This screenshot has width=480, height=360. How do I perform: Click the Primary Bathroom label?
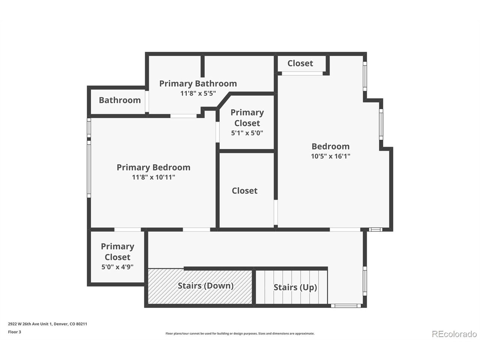click(198, 84)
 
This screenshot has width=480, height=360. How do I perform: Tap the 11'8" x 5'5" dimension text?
click(198, 93)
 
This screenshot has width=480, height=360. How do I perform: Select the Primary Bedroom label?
click(153, 167)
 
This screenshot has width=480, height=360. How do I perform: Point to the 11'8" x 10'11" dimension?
click(153, 177)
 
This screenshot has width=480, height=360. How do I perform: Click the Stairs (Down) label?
click(205, 286)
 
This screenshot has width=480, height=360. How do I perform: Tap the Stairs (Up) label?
click(295, 287)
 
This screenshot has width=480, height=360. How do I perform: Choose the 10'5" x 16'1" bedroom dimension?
click(331, 156)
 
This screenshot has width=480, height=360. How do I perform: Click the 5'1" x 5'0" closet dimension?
click(247, 133)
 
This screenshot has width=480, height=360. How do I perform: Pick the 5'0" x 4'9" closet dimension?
click(117, 267)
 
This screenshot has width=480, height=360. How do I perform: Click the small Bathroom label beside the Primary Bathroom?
click(120, 100)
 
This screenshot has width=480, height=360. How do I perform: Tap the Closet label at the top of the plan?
click(300, 63)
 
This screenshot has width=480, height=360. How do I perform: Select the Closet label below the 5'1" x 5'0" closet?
click(245, 191)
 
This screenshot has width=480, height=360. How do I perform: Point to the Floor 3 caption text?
click(14, 332)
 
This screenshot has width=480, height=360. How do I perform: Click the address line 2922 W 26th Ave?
click(48, 324)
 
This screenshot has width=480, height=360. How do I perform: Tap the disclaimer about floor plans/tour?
click(240, 333)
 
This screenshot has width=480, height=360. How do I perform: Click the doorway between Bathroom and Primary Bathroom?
click(147, 101)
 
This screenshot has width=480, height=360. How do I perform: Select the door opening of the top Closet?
click(302, 73)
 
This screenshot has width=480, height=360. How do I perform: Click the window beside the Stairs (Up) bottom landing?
click(346, 306)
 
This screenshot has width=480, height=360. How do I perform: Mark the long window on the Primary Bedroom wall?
click(89, 169)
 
